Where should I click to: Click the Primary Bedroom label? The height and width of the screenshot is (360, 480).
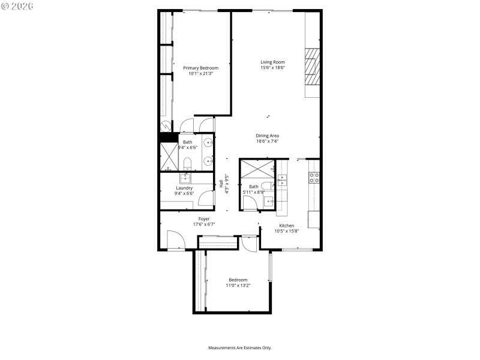200,68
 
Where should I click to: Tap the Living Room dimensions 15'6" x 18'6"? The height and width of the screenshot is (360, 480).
272,68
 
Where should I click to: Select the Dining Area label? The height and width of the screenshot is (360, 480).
268,136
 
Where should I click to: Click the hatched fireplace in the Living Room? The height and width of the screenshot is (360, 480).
312,68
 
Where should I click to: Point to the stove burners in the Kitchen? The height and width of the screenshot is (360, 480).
314,177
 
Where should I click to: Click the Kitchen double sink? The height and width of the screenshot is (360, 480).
282,178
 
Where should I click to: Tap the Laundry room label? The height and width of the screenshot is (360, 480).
184,188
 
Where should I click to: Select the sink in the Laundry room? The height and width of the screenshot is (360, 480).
186,178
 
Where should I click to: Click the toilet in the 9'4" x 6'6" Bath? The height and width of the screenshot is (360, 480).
187,163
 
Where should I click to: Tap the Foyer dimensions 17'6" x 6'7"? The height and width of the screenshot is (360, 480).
204,224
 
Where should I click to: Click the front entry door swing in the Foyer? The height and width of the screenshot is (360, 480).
175,241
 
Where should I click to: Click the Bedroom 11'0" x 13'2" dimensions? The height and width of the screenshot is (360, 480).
238,286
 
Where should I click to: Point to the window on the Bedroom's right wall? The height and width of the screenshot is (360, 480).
271,266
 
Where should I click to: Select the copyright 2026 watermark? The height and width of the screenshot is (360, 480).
17,5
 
